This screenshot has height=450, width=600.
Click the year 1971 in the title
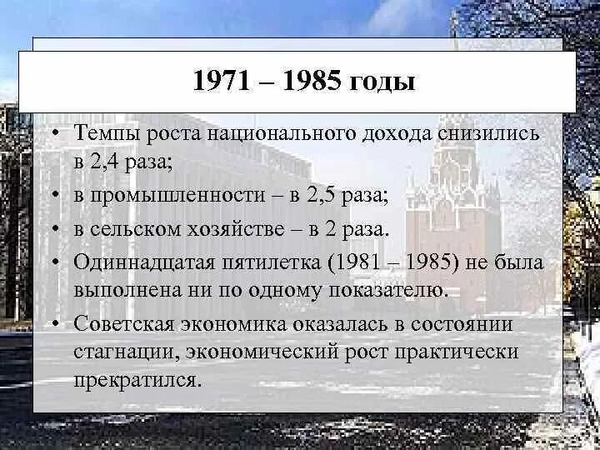pyautogui.click(x=221, y=82)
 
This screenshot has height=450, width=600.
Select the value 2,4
pyautogui.click(x=109, y=162)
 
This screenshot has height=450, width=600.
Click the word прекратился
pyautogui.click(x=137, y=381)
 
